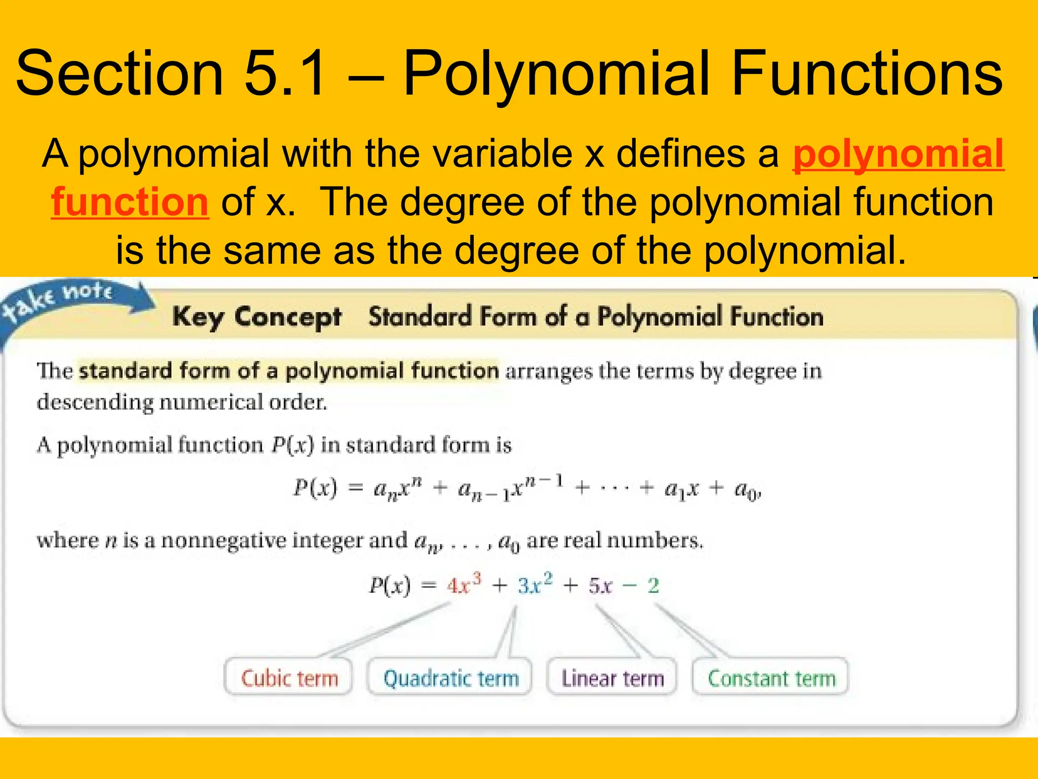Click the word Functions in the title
[866, 74]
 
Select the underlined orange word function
[130, 202]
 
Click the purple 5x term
[600, 586]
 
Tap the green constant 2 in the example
[653, 586]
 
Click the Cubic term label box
[289, 678]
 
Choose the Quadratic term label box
[451, 678]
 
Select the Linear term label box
[612, 678]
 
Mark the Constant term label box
[771, 678]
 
